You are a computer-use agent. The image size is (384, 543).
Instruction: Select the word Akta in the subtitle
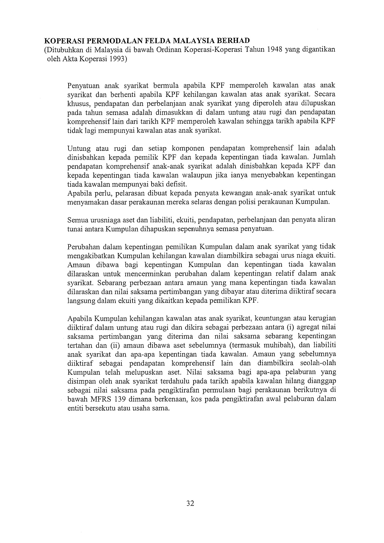(70, 59)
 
